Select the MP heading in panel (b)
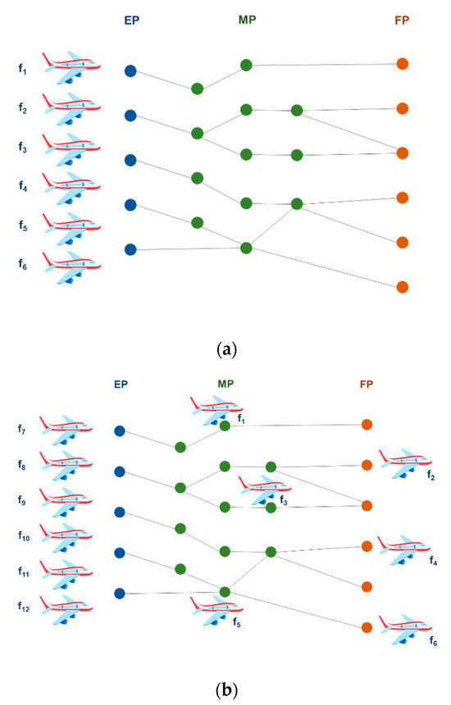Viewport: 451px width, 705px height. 225,383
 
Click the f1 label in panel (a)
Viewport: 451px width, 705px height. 23,70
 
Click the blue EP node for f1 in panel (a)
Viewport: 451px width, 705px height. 130,71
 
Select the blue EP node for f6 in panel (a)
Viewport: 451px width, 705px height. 130,249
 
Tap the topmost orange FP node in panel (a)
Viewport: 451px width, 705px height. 402,63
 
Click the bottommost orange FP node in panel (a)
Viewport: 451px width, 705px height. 402,287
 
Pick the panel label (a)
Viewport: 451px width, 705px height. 225,349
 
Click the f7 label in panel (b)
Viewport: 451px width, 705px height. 23,429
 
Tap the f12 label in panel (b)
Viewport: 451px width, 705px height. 25,606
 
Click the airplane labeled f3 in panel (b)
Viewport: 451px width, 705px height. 264,489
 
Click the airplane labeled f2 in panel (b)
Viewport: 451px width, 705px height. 405,463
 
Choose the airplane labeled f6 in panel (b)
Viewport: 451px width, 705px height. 405,629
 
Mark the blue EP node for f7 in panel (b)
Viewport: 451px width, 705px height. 120,431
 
